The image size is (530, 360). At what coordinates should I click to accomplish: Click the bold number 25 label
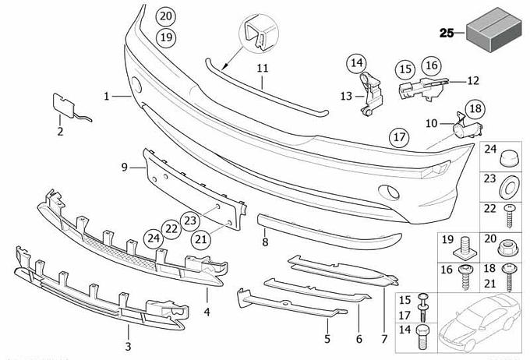[x=447, y=33]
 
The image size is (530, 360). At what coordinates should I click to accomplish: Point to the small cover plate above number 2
[x=62, y=105]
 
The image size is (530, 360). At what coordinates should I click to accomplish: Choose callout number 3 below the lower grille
[x=129, y=345]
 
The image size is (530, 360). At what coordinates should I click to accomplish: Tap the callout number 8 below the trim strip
[x=265, y=243]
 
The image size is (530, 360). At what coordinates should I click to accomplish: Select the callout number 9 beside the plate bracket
[x=124, y=167]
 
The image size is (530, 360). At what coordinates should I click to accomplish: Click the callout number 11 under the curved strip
[x=263, y=69]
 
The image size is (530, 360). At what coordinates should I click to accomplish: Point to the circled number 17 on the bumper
[x=399, y=138]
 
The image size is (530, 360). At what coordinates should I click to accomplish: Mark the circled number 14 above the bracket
[x=356, y=62]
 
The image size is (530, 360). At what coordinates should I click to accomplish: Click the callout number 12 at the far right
[x=473, y=79]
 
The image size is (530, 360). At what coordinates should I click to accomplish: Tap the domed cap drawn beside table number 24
[x=507, y=156]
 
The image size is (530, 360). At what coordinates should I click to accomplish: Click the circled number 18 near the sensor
[x=475, y=109]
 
